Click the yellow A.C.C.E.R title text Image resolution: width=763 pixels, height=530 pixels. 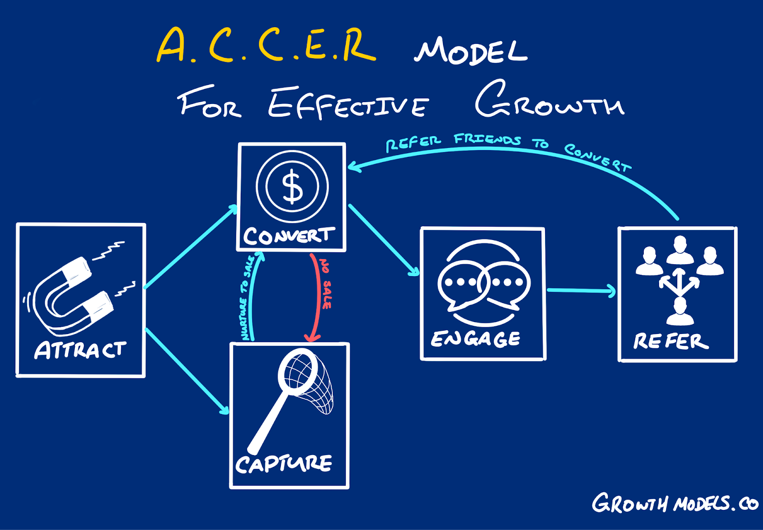[x=266, y=45]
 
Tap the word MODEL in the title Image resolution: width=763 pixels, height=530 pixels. [x=471, y=52]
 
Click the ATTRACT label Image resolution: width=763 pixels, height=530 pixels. [x=80, y=350]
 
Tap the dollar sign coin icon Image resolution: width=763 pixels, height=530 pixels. [x=292, y=187]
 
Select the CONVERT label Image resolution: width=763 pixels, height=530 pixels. [x=289, y=236]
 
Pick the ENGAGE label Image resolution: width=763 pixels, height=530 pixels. [x=475, y=339]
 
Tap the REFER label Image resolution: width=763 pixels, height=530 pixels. [x=670, y=342]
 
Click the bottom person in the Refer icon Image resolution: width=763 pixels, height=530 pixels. [x=680, y=312]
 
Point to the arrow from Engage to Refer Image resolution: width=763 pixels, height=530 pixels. [x=581, y=290]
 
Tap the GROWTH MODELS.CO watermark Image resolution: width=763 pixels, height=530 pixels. [x=674, y=504]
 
